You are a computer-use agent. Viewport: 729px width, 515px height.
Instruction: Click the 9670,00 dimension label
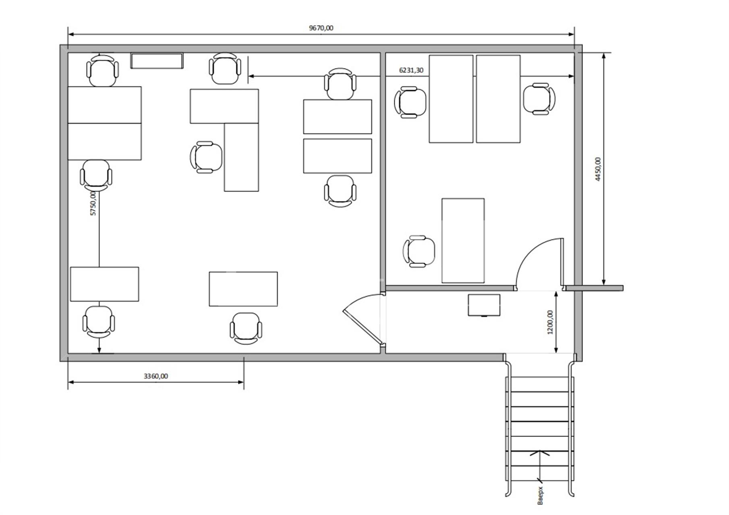tap(321, 28)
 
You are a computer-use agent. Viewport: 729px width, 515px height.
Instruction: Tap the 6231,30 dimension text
tap(411, 70)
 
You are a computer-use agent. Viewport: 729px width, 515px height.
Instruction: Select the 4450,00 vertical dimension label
tap(598, 169)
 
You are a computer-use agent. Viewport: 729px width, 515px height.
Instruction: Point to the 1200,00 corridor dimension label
tap(550, 322)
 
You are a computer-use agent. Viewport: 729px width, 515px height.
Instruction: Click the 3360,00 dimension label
tap(156, 376)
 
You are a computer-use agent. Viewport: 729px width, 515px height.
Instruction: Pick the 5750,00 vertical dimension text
tap(93, 204)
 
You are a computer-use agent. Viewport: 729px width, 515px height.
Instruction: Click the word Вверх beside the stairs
tap(541, 495)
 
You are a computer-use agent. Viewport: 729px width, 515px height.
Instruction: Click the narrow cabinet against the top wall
tap(157, 61)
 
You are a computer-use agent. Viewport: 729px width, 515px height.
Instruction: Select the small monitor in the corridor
tap(484, 305)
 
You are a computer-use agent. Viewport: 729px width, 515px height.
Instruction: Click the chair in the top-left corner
tap(103, 70)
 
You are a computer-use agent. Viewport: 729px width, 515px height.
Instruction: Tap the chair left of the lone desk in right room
tap(419, 251)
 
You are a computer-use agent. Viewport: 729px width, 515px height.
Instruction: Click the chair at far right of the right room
tap(539, 99)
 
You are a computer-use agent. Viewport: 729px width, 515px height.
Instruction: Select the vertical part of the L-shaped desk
tap(241, 157)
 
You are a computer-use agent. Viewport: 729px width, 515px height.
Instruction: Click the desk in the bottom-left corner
tap(104, 284)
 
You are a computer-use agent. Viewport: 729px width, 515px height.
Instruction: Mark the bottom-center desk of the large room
tap(243, 289)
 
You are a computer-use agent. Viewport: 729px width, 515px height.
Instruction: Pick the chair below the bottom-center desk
tap(246, 328)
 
